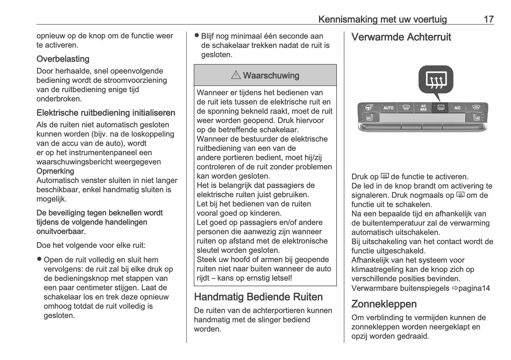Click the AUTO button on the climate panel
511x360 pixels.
coord(388,108)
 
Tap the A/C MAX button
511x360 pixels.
coord(423,108)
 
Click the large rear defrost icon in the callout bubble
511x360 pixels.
coord(436,80)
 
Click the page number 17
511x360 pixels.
coord(488,19)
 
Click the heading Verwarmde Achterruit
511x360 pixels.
coord(401,37)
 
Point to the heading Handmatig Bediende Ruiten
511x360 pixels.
coord(258,297)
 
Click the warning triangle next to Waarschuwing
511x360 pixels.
coord(236,75)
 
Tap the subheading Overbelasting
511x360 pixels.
coord(63,59)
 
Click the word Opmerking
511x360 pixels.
coord(55,171)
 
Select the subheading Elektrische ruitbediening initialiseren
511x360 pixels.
coord(106,113)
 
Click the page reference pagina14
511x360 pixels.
coord(474,288)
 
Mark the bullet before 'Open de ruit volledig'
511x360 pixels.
coord(39,259)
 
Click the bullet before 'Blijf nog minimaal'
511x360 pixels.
coord(197,35)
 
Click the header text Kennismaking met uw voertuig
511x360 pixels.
coord(382,19)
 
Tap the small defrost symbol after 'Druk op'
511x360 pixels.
coord(384,176)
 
